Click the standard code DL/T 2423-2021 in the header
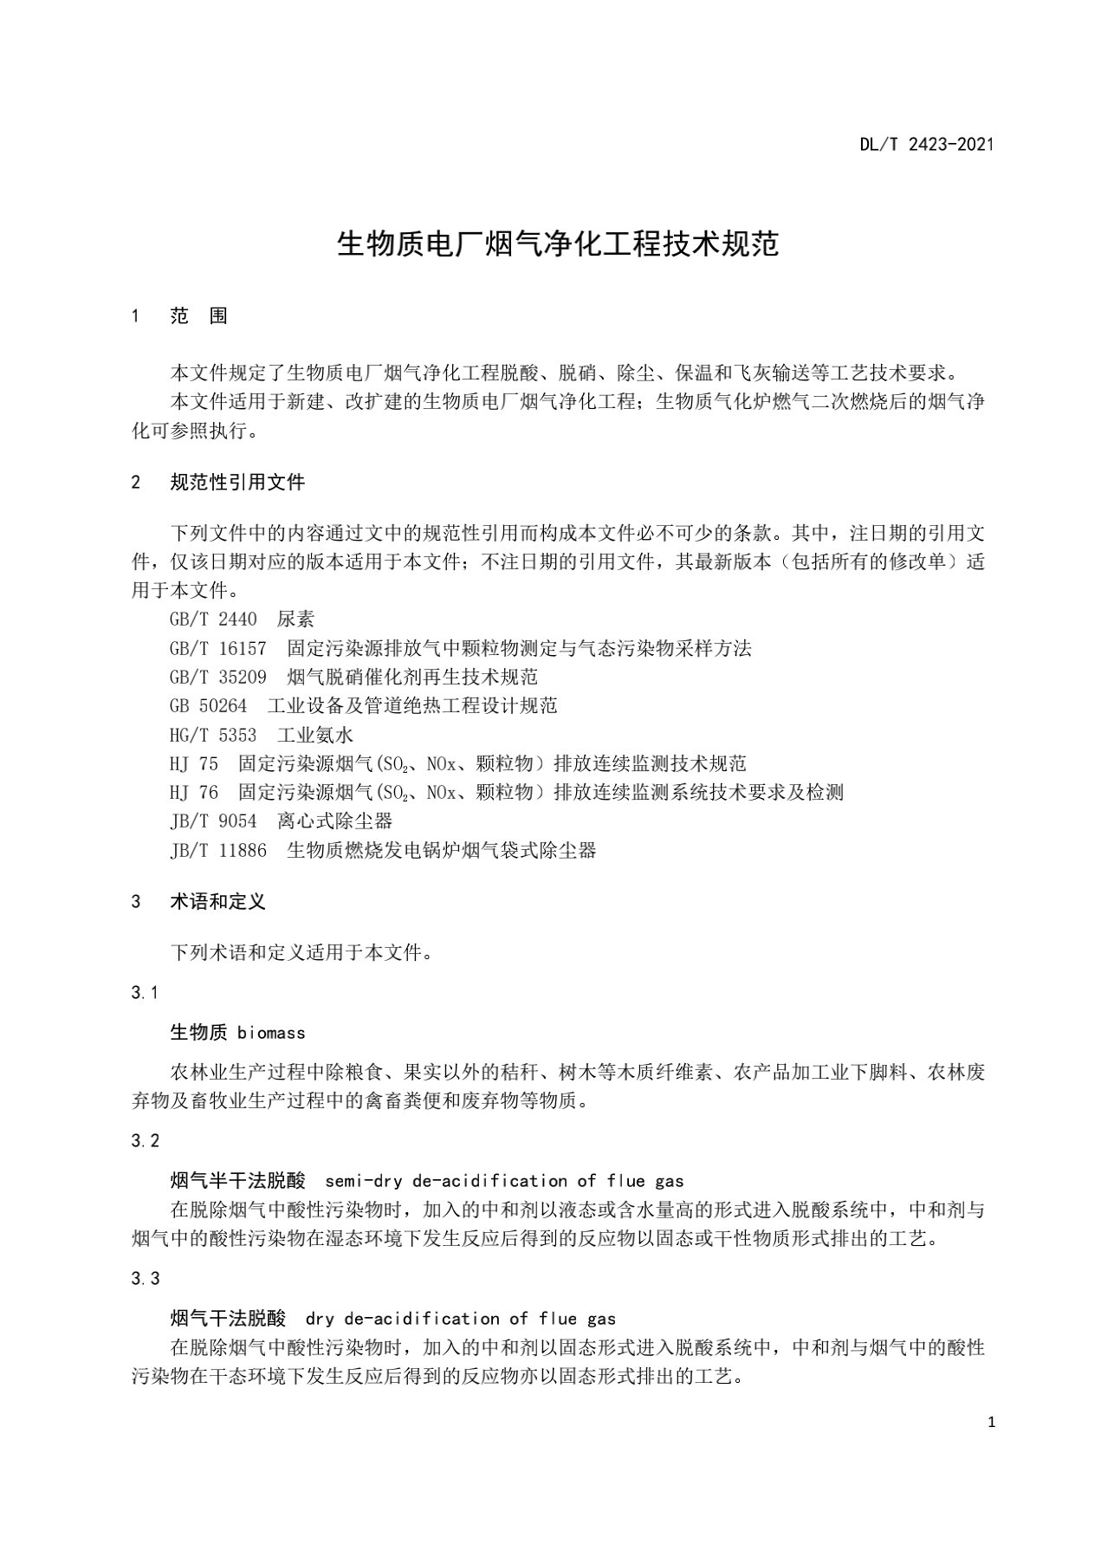point(926,145)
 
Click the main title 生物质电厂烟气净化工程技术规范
point(557,244)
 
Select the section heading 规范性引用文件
point(237,483)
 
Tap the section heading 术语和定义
point(217,901)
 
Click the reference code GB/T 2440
point(213,620)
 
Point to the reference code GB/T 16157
point(218,648)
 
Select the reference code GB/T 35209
point(218,677)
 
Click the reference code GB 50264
point(209,705)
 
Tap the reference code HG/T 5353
point(213,735)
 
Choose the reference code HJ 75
point(194,763)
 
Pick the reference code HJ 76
point(194,792)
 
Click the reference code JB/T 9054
point(213,821)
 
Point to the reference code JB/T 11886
point(218,850)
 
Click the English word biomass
point(271,1033)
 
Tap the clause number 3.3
point(145,1279)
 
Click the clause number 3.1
point(145,993)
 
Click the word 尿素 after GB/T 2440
point(295,620)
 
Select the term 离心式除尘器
point(334,821)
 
